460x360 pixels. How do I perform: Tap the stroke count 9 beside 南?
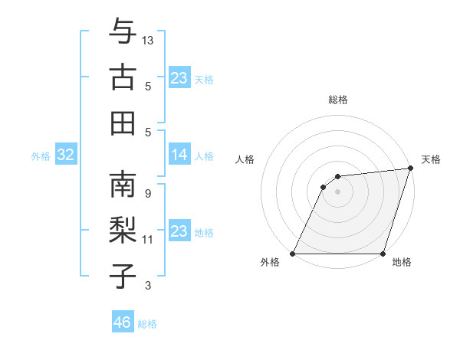147,193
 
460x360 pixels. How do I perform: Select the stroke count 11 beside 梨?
148,239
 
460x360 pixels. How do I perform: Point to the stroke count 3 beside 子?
147,286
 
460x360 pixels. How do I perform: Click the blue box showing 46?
122,322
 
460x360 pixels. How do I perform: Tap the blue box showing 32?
65,155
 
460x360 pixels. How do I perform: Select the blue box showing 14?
179,155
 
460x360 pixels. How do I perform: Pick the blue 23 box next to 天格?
179,78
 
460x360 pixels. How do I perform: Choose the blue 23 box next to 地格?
179,231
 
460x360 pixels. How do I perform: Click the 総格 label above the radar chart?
337,100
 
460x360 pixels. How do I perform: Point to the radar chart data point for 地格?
383,254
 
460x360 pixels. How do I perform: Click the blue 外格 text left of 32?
41,156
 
